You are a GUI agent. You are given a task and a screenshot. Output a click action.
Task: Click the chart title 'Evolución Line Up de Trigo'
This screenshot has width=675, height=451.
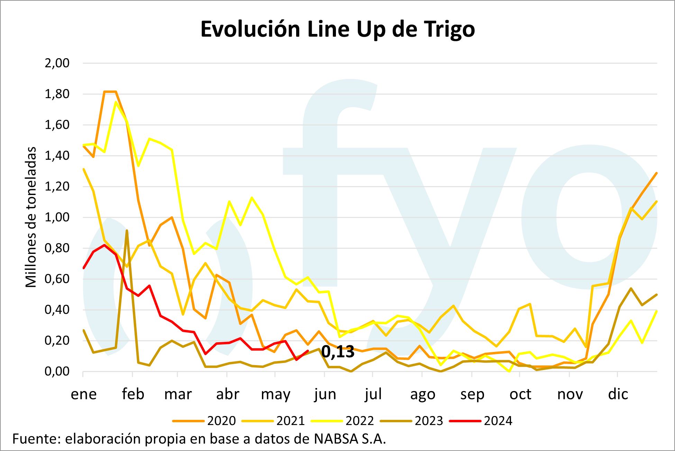337,29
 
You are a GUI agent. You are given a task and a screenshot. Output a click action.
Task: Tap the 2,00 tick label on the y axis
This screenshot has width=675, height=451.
57,63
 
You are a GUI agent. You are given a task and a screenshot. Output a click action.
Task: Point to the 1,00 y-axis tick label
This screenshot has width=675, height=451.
57,217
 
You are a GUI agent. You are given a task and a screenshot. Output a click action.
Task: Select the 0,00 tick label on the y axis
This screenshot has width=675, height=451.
57,371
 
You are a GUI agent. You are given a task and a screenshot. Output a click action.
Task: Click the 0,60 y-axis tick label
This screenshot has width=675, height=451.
57,279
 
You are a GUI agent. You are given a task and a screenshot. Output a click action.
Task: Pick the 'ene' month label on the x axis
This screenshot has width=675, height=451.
84,394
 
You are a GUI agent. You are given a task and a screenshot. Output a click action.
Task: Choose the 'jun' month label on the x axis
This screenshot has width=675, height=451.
325,394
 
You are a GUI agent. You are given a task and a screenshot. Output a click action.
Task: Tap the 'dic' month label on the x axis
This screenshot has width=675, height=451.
618,394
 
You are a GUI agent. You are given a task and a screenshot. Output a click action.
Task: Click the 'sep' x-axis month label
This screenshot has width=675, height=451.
472,394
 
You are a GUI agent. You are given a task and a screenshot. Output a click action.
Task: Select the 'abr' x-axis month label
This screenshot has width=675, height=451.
228,394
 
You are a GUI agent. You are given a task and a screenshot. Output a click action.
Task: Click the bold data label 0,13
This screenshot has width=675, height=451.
338,352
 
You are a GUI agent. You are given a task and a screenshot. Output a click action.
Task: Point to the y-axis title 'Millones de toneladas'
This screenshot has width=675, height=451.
31,217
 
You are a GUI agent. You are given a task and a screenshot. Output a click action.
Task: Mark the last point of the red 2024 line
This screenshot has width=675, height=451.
308,351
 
